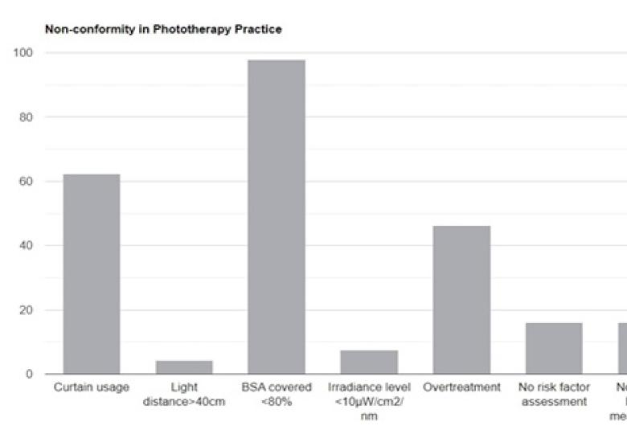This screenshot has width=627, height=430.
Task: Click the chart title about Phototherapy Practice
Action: click(x=163, y=30)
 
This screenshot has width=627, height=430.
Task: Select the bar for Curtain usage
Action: click(x=92, y=274)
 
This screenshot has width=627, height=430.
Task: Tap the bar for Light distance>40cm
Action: click(x=184, y=367)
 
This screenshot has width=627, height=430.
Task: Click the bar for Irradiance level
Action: click(x=369, y=362)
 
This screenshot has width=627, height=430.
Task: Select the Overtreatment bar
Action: click(x=461, y=300)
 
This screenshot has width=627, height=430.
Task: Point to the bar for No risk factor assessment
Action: click(x=554, y=348)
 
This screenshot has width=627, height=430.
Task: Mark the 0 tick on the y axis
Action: click(x=28, y=374)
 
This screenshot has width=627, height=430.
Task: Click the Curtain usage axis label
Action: click(x=92, y=387)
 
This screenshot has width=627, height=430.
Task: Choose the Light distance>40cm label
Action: click(x=184, y=394)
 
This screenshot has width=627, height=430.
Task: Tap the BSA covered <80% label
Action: click(x=277, y=394)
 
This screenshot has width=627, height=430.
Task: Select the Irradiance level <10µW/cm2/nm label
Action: click(x=369, y=401)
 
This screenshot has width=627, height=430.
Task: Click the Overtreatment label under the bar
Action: click(x=461, y=387)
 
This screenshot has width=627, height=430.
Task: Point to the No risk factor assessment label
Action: click(x=554, y=394)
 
